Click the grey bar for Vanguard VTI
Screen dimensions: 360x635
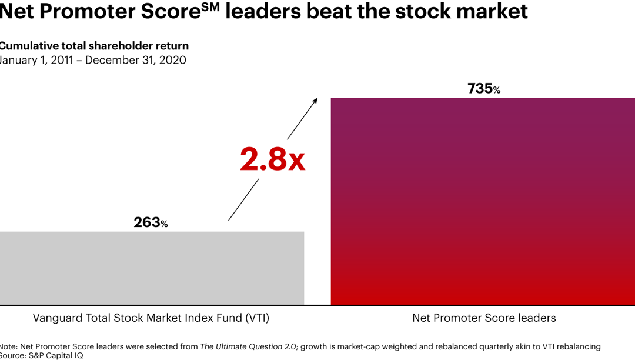click(x=152, y=268)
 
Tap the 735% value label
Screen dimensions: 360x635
click(x=484, y=89)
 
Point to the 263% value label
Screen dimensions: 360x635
click(x=151, y=222)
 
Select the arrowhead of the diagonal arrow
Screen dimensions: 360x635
click(x=315, y=100)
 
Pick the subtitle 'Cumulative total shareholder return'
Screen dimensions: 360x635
click(x=94, y=46)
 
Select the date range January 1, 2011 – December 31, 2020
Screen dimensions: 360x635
click(x=93, y=60)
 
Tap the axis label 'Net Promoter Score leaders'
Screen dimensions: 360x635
click(x=484, y=318)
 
